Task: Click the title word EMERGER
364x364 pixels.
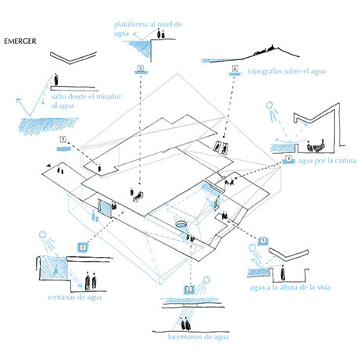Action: click(20, 41)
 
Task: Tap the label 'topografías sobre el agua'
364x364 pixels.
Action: click(287, 71)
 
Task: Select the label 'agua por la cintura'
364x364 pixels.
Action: click(327, 161)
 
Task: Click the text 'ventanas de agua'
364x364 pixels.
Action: click(74, 298)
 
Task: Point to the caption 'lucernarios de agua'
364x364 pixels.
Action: click(198, 337)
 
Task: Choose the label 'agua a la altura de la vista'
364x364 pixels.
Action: click(290, 287)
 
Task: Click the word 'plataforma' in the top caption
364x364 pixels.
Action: click(130, 25)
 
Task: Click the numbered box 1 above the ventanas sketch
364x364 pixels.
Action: click(83, 247)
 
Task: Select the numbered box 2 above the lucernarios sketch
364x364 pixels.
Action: click(189, 290)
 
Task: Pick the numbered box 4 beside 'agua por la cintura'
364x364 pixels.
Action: click(288, 159)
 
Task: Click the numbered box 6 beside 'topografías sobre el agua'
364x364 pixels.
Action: click(235, 69)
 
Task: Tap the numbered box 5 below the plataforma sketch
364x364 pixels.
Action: click(141, 68)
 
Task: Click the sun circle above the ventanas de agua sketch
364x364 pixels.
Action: click(43, 234)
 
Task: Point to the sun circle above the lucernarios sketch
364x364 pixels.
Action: click(206, 280)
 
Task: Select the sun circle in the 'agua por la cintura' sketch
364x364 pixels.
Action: click(269, 105)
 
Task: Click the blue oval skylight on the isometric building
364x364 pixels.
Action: click(180, 224)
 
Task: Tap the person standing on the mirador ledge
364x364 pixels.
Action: click(56, 79)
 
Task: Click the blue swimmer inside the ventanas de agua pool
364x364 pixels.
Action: click(55, 271)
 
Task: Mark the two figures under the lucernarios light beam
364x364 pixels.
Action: click(185, 323)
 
